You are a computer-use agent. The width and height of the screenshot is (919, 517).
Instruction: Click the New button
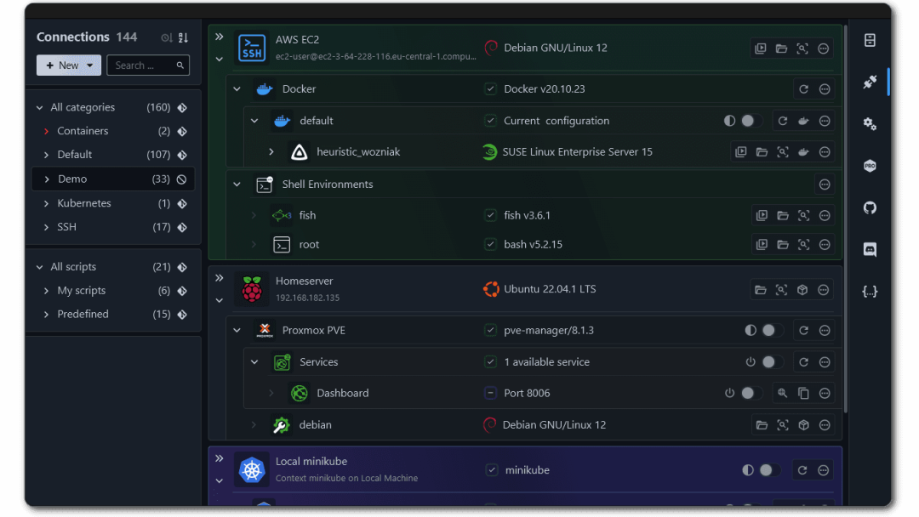(68, 65)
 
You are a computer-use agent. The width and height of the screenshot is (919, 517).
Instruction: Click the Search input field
(142, 65)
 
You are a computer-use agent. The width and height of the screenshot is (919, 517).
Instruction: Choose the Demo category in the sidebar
(72, 179)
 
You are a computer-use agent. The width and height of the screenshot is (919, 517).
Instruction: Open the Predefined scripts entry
(83, 314)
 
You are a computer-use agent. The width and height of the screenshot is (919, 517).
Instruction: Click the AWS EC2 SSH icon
(252, 48)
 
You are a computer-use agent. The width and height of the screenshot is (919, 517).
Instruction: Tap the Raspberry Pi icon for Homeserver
(252, 289)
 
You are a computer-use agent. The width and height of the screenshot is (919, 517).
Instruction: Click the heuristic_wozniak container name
(358, 152)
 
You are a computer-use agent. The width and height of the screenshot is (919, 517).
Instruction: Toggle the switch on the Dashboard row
(749, 393)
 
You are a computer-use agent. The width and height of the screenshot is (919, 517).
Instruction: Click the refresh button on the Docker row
(803, 89)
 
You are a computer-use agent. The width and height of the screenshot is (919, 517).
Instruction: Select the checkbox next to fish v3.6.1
(490, 215)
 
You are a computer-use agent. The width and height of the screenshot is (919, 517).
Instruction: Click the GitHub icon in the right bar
(870, 207)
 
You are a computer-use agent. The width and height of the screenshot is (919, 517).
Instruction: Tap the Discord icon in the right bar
(870, 249)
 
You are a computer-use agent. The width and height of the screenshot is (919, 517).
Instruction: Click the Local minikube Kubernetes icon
(252, 470)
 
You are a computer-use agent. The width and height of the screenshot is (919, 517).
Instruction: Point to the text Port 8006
(527, 393)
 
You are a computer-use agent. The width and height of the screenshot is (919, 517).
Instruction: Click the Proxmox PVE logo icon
(265, 330)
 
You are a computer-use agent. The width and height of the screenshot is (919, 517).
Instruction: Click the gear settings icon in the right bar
(870, 124)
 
